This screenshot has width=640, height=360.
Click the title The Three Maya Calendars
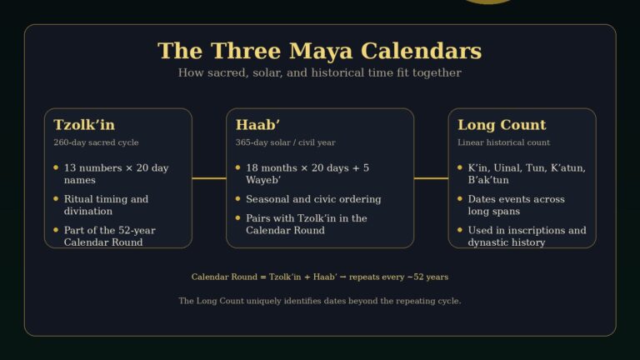(319, 51)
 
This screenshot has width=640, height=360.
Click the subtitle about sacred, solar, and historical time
(319, 73)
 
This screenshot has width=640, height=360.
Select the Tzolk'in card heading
(84, 125)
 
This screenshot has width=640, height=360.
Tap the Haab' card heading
(257, 125)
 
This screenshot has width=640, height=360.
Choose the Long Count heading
(502, 125)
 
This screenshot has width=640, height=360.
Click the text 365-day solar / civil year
(286, 142)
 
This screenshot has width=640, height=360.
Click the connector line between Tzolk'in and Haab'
(209, 178)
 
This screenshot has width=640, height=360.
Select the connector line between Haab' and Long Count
(431, 178)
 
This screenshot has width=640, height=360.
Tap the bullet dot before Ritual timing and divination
(56, 198)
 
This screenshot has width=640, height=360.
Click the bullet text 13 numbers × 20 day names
(116, 173)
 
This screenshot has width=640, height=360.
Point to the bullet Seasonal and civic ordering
(313, 199)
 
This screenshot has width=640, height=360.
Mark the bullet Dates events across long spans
(516, 205)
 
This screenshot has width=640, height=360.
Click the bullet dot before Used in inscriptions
(460, 229)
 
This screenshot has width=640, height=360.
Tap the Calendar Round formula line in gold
(319, 277)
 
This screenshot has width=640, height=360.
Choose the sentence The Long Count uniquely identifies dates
(319, 301)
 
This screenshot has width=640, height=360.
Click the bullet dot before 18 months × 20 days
(238, 167)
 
